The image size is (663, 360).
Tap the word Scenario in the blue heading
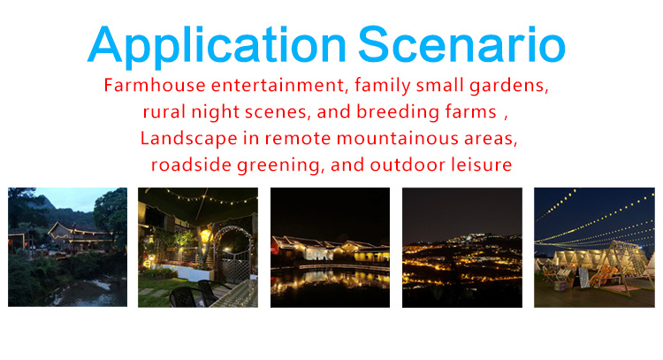click(x=461, y=44)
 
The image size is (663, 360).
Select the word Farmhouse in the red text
click(x=155, y=85)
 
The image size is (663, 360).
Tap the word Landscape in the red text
click(x=188, y=139)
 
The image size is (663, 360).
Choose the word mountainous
click(x=398, y=139)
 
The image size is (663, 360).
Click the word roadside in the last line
click(x=192, y=165)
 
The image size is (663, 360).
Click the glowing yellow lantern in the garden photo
click(x=205, y=236)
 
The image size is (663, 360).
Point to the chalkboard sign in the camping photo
click(x=584, y=277)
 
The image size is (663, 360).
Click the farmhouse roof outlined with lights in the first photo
click(x=75, y=231)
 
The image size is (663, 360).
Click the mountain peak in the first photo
click(x=48, y=202)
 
